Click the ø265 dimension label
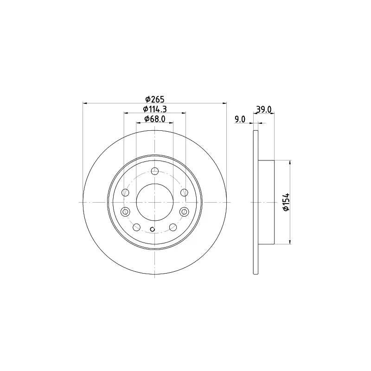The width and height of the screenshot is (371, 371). coord(155,99)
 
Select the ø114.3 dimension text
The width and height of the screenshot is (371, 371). coord(155,109)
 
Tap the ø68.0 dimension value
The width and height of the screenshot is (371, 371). coord(155,119)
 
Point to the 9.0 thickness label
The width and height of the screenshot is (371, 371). coord(240,120)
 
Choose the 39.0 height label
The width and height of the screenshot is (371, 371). coord(264,109)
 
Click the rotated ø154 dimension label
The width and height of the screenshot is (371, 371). coord(286,202)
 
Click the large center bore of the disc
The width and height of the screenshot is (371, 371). coord(155,202)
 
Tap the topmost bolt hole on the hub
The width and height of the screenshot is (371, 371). coord(155,171)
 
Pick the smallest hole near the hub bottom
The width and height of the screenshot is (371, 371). coord(153,229)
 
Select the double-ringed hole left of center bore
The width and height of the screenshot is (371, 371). coord(125,211)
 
